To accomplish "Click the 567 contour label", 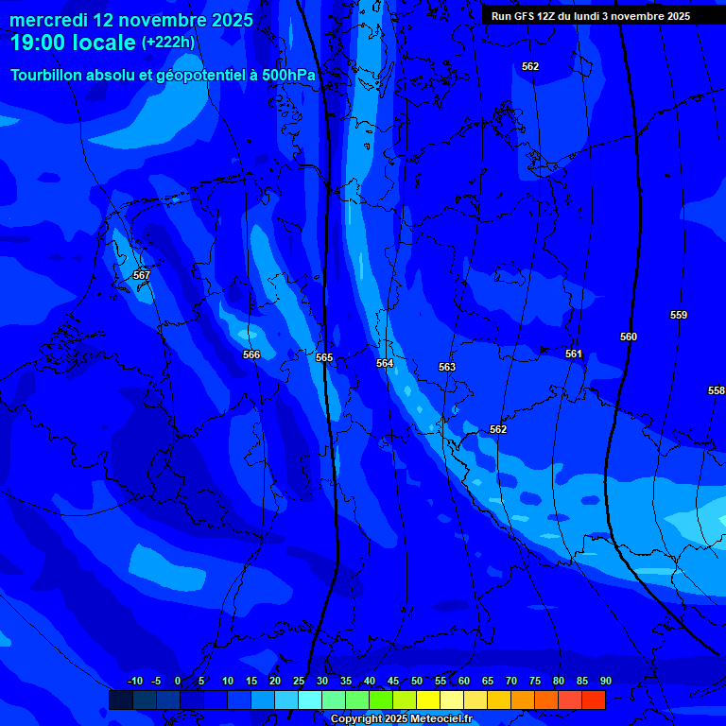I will click(x=142, y=275).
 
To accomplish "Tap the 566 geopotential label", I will click(x=251, y=354).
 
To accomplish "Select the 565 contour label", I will click(x=324, y=357).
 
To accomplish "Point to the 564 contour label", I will click(x=385, y=363).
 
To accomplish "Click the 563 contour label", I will click(x=447, y=367).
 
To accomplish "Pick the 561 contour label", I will click(x=574, y=354).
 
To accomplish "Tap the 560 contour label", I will click(x=629, y=337).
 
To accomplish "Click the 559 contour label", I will click(x=679, y=315).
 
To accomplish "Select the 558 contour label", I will click(x=716, y=390).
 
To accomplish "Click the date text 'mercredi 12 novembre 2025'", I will click(x=131, y=20).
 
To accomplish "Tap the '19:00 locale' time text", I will click(x=73, y=43).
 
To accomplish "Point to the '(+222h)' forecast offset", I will click(x=168, y=43).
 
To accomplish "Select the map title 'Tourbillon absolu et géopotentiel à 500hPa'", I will click(x=164, y=75).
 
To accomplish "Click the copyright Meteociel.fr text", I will click(x=401, y=719).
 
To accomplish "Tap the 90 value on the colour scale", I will click(x=605, y=681).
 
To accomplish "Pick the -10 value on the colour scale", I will click(x=134, y=681).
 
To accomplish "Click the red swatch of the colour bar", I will click(x=593, y=700).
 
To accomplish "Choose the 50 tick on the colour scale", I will click(x=417, y=681).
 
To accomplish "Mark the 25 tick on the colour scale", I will click(x=299, y=681).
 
